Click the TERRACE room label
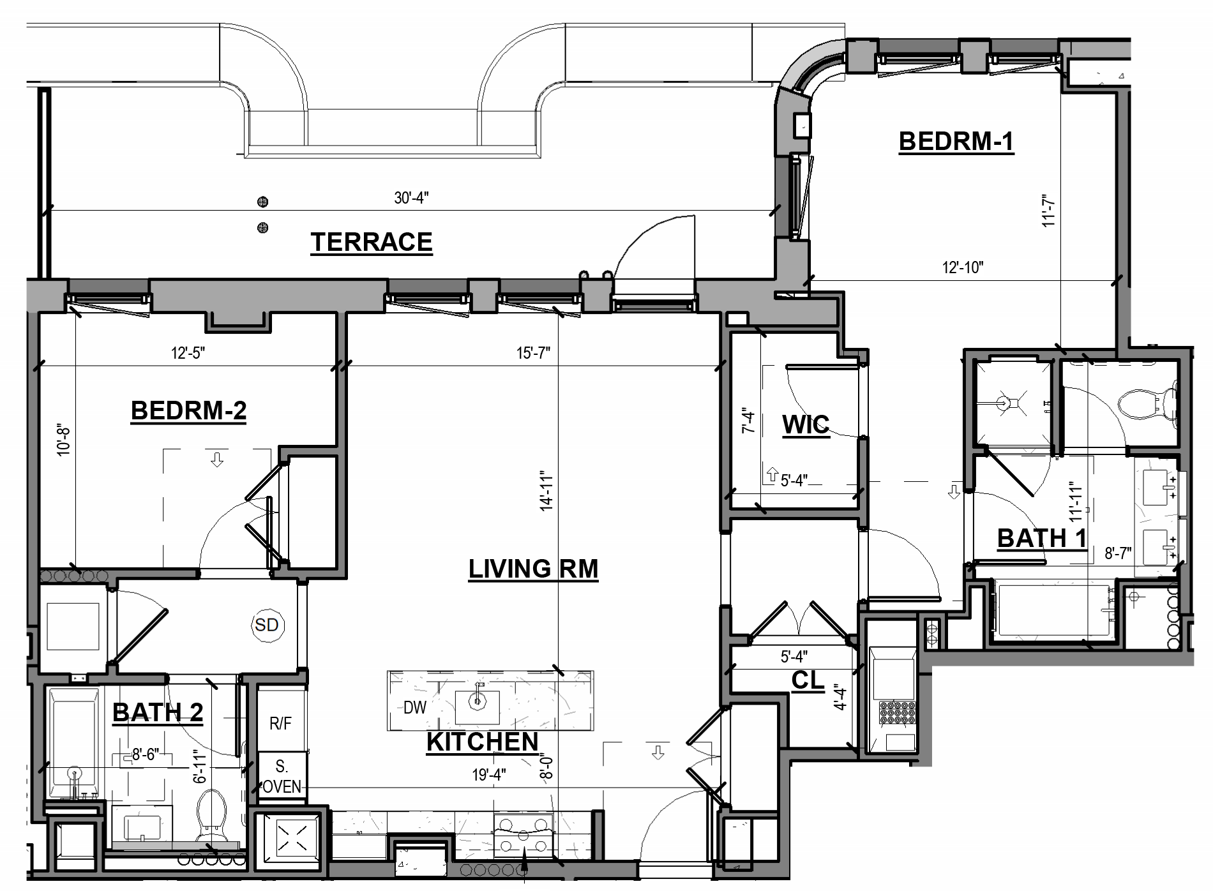[x=372, y=243]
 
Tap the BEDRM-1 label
[x=956, y=141]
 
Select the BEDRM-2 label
[x=188, y=410]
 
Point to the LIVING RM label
[x=533, y=568]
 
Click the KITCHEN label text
[x=483, y=742]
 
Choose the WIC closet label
[x=806, y=424]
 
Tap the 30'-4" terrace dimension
[x=411, y=198]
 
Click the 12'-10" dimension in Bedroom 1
[x=963, y=267]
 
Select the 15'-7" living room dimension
[x=533, y=353]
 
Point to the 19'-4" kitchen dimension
[x=489, y=775]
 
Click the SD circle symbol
[x=267, y=624]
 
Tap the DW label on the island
[x=415, y=707]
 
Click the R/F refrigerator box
[x=280, y=723]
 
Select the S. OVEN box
[x=281, y=776]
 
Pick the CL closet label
[x=808, y=680]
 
